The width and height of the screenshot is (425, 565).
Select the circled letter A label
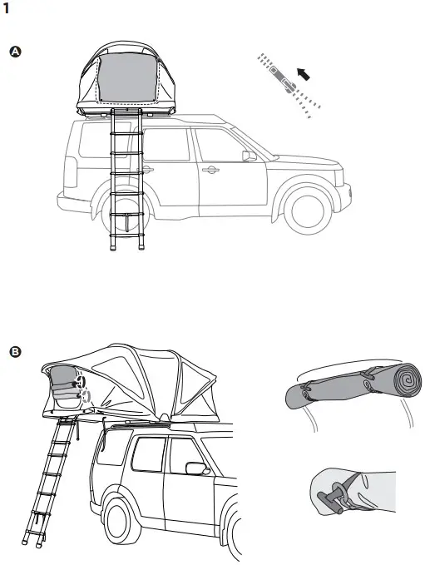(x=14, y=52)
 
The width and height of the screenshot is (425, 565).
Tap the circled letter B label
(x=14, y=351)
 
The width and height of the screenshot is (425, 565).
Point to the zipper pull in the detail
(x=288, y=85)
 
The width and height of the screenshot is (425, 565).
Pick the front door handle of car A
(x=210, y=170)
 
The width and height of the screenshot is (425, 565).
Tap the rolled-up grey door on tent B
(x=62, y=387)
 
